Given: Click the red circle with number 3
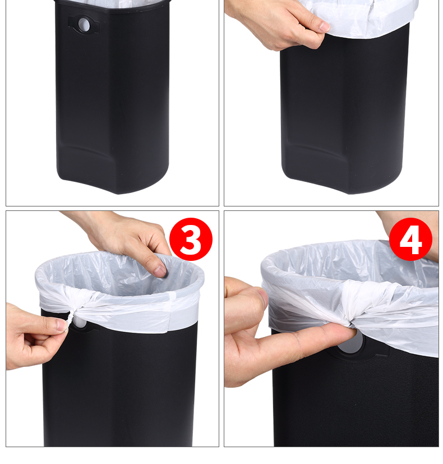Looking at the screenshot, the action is tap(191, 239).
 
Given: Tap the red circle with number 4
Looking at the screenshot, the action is tap(410, 239).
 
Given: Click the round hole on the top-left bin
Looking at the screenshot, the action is tap(84, 25).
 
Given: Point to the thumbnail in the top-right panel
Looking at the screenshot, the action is tap(323, 27).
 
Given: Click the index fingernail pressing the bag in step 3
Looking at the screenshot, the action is tap(160, 271).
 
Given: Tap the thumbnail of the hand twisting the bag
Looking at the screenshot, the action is tap(61, 325).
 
